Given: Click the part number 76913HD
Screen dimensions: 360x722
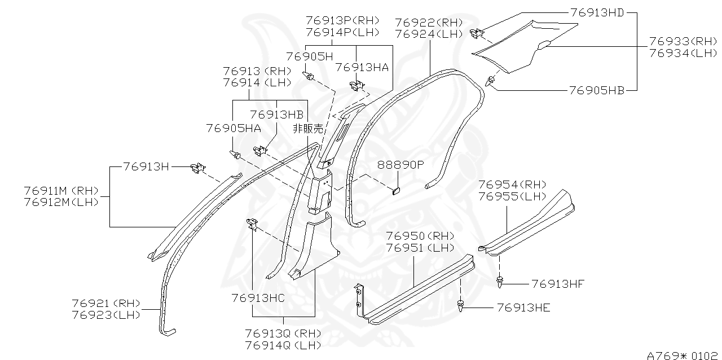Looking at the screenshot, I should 597,12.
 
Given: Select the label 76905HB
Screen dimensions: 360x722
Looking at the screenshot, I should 596,90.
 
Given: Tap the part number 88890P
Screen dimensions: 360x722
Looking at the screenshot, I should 400,165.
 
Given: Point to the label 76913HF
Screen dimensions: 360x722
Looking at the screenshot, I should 558,283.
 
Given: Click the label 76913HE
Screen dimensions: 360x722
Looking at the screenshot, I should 523,308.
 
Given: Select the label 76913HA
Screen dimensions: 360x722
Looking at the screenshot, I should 362,67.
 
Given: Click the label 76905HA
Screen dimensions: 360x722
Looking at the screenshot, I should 234,129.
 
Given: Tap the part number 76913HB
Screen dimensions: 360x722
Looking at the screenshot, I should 276,115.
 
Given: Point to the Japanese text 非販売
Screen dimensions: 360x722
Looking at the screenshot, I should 308,129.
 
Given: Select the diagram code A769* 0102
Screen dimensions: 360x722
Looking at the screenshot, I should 683,355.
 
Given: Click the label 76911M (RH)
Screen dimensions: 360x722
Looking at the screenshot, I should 61,190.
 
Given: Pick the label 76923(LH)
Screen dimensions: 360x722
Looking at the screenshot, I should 106,315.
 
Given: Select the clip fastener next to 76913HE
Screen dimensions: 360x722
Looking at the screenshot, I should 461,306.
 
